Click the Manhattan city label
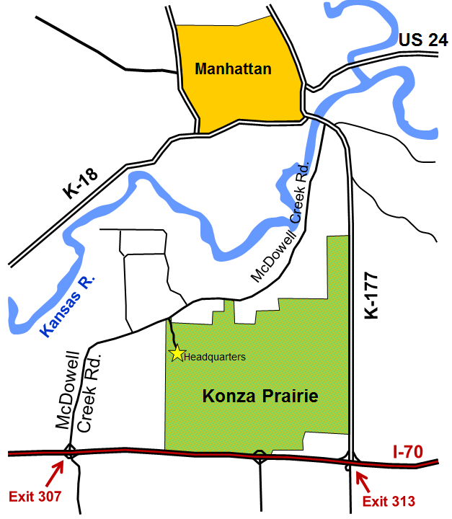[x=233, y=70]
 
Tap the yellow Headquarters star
[x=177, y=353]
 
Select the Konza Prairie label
[x=260, y=396]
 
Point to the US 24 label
[x=423, y=40]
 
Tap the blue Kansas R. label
[x=69, y=306]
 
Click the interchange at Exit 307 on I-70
[x=70, y=453]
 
